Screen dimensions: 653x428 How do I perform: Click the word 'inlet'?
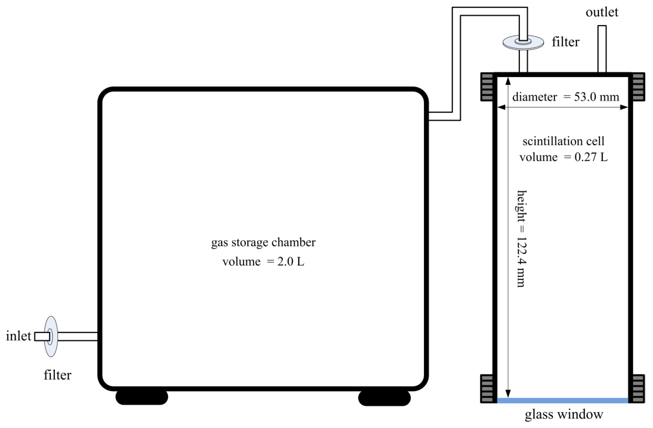pos(18,336)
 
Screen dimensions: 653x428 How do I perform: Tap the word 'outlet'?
pos(602,12)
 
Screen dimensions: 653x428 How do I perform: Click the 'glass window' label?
pos(564,415)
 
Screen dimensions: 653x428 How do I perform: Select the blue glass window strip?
pos(563,401)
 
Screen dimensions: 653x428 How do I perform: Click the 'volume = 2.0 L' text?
pos(263,262)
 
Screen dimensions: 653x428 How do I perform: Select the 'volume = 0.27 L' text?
pos(563,157)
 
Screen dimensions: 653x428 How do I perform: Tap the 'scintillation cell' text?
pos(563,141)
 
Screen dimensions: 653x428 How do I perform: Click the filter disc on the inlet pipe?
pos(51,336)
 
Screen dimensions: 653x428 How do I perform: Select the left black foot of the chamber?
pos(142,397)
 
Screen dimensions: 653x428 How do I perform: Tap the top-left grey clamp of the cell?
pos(487,87)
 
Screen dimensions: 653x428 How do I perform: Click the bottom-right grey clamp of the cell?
pos(638,388)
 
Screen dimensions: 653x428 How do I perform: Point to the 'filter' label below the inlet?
pos(57,375)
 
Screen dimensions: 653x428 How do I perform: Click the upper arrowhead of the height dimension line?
pos(508,80)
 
